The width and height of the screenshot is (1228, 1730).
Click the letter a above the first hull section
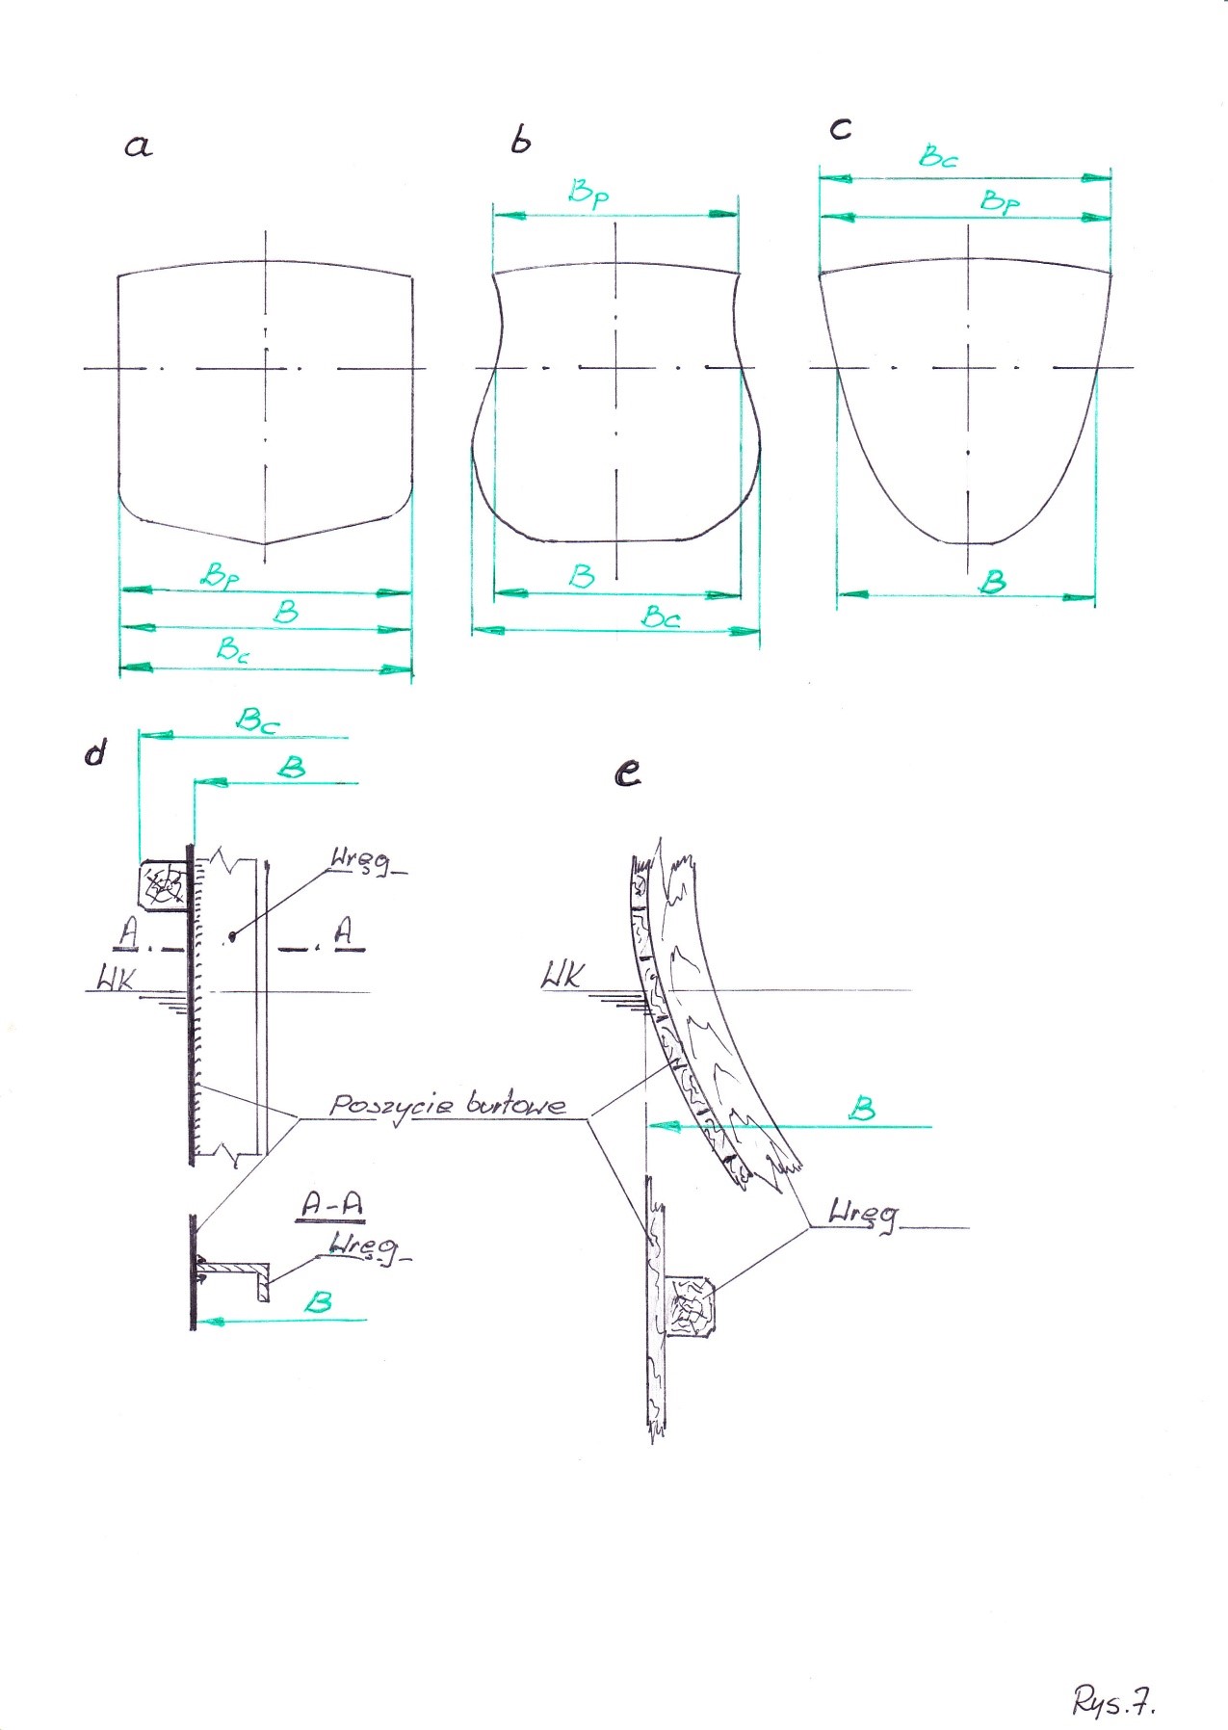click(x=138, y=146)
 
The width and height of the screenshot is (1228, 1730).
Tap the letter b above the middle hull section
click(x=520, y=141)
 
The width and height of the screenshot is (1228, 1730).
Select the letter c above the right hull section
click(x=840, y=128)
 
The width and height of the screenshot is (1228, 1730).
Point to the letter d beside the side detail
click(x=94, y=752)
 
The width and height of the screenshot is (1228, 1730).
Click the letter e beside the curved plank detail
click(x=628, y=773)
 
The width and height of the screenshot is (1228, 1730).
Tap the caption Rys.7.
click(x=1113, y=1702)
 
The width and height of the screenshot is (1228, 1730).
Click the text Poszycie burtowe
click(x=447, y=1104)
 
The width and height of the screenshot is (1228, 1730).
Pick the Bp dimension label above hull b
click(x=588, y=193)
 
